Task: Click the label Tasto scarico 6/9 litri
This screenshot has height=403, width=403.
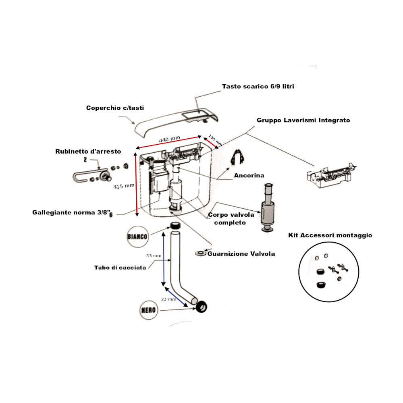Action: click(x=258, y=87)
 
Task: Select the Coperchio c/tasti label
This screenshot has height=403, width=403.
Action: click(x=115, y=108)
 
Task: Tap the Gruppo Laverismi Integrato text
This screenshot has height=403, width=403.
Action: click(x=303, y=120)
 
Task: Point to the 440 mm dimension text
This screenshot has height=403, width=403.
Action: click(x=169, y=139)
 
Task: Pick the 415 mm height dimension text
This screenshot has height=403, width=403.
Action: click(x=124, y=186)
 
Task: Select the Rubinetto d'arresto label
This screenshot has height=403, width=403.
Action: click(x=88, y=152)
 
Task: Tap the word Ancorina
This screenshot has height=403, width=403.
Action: click(x=249, y=176)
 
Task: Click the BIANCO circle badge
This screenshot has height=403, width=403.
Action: click(x=137, y=236)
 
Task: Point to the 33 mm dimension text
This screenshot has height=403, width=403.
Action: click(x=154, y=256)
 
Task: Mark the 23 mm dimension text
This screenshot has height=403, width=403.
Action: click(x=168, y=299)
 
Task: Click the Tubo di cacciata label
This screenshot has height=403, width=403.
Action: click(x=120, y=268)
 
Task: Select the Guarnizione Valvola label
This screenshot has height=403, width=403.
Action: click(x=241, y=254)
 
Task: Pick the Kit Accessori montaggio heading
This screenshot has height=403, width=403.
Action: click(x=330, y=235)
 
